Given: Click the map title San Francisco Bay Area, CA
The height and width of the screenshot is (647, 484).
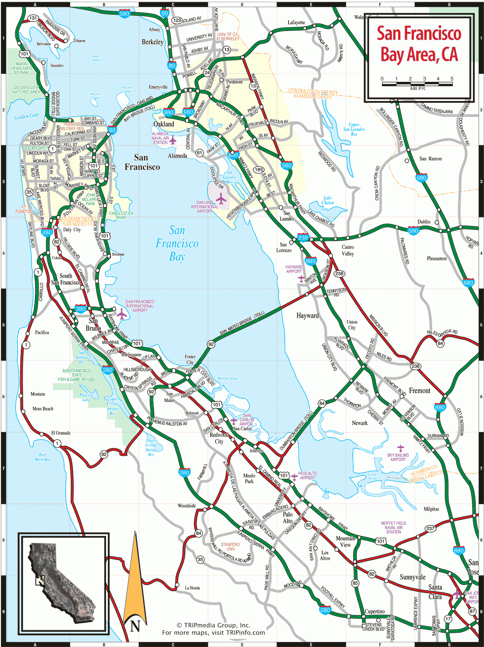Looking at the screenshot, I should click(419, 44).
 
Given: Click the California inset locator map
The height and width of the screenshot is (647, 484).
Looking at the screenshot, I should click(63, 584).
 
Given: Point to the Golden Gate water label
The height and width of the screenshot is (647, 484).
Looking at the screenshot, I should click(27, 116).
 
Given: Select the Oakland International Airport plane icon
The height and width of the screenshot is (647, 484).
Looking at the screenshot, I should click(221, 199).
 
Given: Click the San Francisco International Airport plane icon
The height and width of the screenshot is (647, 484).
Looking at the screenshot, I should click(122, 314).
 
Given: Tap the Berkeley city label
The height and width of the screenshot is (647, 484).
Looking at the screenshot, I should click(153, 42).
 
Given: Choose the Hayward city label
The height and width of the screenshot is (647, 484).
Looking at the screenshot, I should click(308, 316).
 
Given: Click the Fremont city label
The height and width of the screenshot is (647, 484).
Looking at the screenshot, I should click(419, 391).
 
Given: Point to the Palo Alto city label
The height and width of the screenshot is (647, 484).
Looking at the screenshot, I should click(288, 518).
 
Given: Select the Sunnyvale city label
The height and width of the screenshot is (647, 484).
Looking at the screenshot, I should click(412, 577).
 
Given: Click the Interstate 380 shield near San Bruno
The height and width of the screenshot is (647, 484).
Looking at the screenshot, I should click(81, 309).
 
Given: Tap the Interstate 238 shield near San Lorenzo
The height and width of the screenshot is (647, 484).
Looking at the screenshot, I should click(303, 238).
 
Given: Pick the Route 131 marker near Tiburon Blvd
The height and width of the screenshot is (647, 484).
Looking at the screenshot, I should click(33, 18).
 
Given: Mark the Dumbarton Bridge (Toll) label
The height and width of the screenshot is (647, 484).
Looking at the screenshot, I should click(296, 430).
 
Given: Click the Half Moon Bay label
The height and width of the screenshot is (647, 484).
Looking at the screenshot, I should click(42, 457).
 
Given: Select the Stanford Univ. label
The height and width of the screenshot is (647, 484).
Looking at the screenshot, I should click(230, 546).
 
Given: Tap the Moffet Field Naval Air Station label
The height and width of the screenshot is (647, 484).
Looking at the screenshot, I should click(393, 528).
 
